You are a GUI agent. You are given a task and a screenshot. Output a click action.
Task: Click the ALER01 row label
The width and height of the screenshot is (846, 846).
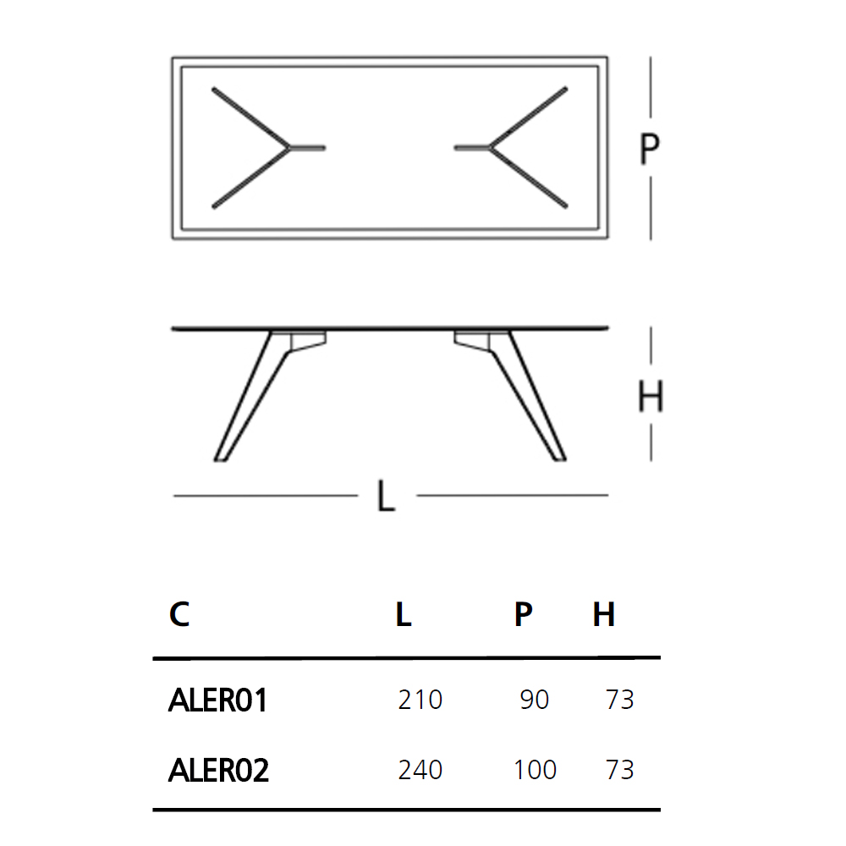click(x=217, y=700)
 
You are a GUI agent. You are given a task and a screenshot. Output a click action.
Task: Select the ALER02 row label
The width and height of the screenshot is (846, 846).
click(x=218, y=770)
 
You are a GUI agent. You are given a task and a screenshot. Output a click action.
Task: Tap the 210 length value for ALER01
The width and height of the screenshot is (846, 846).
click(x=420, y=700)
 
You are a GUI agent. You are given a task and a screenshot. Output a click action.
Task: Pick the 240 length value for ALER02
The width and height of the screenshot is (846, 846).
click(x=420, y=770)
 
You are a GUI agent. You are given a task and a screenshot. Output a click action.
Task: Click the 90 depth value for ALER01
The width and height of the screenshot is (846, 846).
click(x=534, y=700)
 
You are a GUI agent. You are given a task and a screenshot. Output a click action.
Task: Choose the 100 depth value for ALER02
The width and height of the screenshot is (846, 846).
click(x=535, y=770)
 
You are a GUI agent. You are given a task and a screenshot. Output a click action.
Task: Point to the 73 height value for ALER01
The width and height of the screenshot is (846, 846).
click(x=619, y=700)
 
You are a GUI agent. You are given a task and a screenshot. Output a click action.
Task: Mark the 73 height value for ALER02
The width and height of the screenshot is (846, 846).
click(x=619, y=770)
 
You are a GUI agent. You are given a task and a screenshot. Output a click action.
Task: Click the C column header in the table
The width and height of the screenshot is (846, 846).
click(x=179, y=614)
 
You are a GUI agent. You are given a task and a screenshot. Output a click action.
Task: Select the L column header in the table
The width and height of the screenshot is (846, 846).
click(x=403, y=614)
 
